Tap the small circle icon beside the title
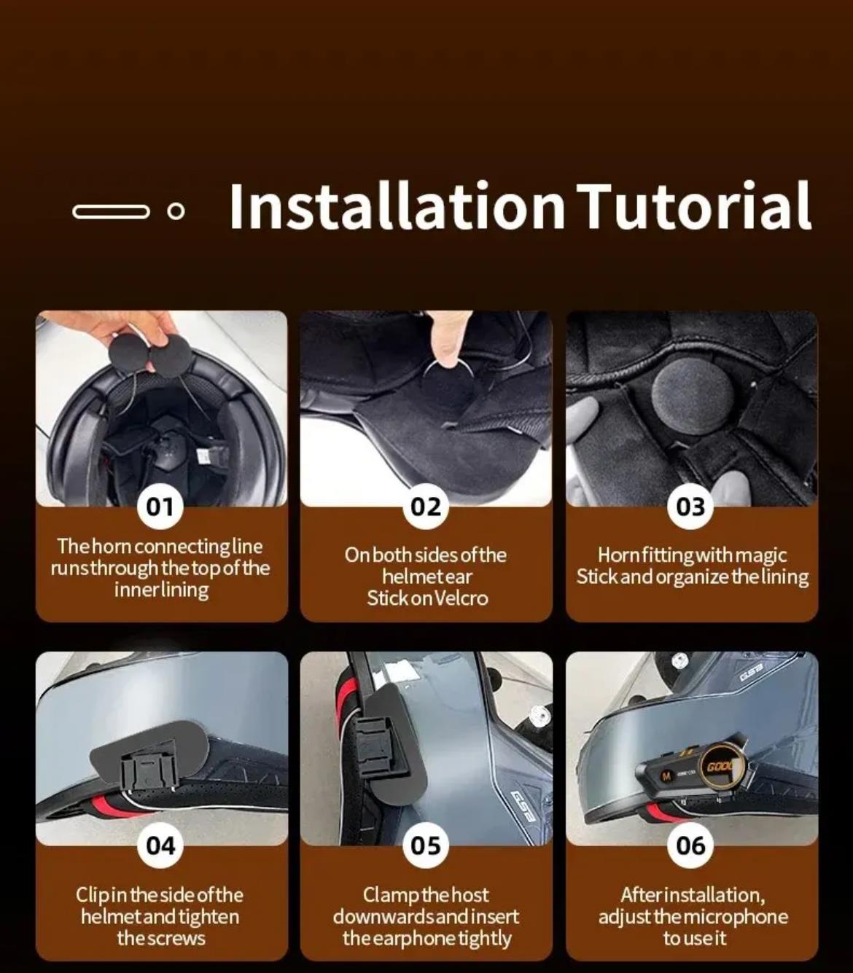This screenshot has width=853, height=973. (x=176, y=211)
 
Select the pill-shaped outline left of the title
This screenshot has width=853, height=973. (x=111, y=211)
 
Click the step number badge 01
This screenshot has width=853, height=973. (x=160, y=507)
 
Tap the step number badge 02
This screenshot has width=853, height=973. (x=426, y=507)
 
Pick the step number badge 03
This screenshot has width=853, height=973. (x=691, y=507)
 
